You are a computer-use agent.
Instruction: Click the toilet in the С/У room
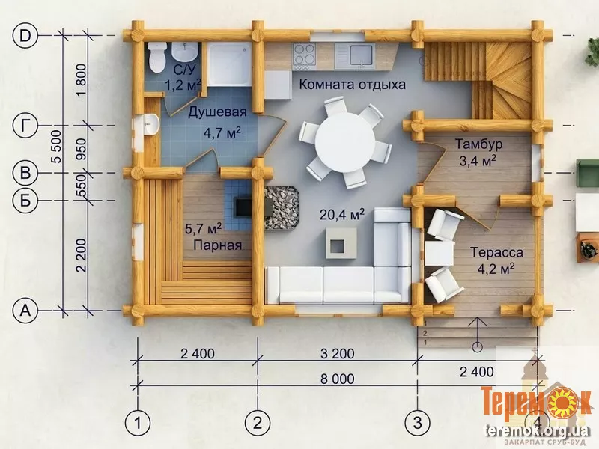click(156, 58)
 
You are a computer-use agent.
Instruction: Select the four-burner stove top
click(305, 55)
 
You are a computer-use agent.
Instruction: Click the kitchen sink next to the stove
click(354, 55)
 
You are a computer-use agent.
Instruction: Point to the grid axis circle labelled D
click(25, 36)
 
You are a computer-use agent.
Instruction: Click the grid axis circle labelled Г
click(25, 126)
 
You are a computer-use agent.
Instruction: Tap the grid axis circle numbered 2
click(257, 423)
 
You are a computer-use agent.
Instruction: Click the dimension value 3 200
click(338, 353)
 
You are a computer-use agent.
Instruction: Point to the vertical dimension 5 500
click(56, 147)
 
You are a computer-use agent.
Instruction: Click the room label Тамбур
click(478, 144)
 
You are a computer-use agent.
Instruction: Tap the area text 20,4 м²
click(342, 215)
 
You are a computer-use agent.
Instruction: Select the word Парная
click(217, 245)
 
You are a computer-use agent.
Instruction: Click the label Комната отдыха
click(352, 84)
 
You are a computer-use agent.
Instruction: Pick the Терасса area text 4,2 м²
click(496, 269)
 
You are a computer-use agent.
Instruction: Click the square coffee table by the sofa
click(341, 243)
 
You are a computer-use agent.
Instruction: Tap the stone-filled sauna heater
click(282, 208)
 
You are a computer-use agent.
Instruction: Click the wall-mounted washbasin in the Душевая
click(152, 123)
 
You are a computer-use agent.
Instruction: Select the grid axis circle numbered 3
click(418, 423)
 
